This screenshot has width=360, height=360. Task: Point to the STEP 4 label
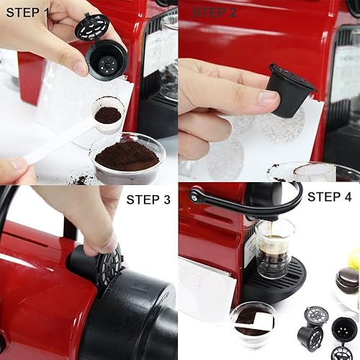pos(332,196)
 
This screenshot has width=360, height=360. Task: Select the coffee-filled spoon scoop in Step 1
pos(107,114)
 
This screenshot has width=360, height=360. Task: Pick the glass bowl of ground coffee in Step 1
pos(127,158)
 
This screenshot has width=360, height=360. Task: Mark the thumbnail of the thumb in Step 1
pos(79,67)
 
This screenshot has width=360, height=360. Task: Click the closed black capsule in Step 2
pos(289,89)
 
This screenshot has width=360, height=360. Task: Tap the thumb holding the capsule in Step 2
pos(248,99)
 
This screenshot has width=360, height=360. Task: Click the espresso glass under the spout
pos(274,248)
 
